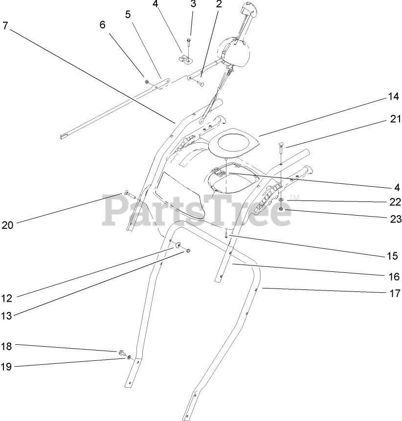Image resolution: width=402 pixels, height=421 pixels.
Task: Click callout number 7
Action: tap(5, 25)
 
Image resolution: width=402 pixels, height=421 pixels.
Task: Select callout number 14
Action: tap(394, 97)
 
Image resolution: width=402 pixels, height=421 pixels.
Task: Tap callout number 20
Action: tap(7, 225)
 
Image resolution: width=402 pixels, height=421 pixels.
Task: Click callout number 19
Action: tap(6, 366)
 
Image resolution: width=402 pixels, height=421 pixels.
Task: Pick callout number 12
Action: tap(6, 297)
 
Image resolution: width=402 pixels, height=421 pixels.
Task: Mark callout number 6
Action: tap(102, 24)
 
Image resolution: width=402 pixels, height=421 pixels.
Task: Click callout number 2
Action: tap(218, 4)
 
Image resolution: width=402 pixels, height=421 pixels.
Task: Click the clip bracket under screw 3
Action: tap(184, 61)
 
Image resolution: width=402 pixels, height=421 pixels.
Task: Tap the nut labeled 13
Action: tap(188, 251)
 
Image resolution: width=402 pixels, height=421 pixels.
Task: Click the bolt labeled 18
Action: tap(120, 352)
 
